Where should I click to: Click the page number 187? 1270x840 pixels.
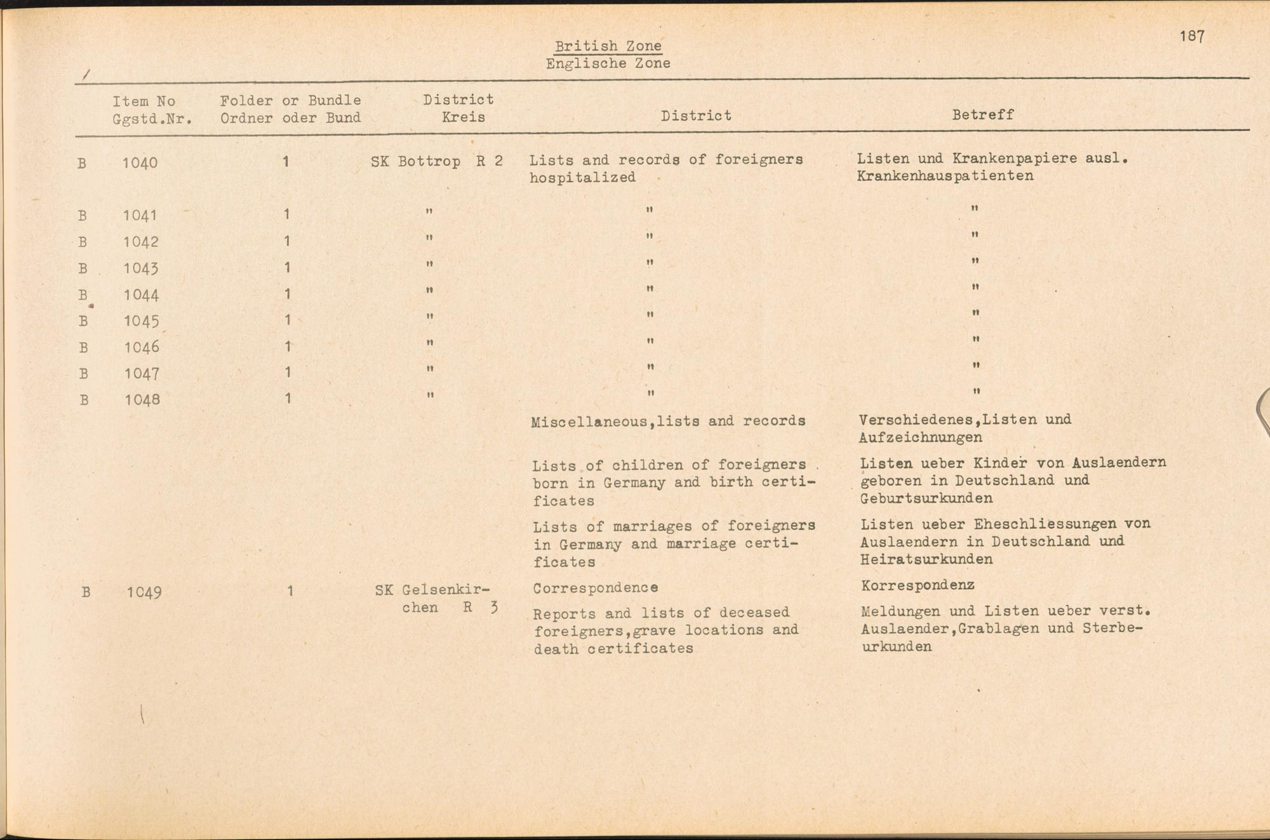click(1192, 36)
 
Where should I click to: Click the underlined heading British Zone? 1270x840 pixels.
click(608, 46)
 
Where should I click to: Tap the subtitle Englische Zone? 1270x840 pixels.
click(608, 63)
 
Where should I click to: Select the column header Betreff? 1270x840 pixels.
click(982, 115)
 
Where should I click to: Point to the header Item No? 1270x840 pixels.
click(144, 101)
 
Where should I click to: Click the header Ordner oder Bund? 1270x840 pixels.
click(290, 118)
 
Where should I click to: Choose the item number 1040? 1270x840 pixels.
click(140, 163)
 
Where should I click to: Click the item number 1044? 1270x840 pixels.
click(141, 295)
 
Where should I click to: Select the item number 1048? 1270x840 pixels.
click(142, 400)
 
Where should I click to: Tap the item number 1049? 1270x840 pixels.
click(144, 592)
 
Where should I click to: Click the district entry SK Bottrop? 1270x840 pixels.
click(415, 161)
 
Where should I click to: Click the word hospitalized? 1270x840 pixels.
click(582, 178)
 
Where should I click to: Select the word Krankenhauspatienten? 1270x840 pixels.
click(945, 176)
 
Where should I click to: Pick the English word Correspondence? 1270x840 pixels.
click(595, 589)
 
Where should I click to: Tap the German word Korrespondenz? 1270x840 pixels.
click(918, 585)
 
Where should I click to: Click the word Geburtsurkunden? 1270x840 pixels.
click(926, 498)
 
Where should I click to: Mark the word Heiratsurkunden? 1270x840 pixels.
click(926, 559)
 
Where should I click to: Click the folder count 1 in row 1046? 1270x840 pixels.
click(288, 347)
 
